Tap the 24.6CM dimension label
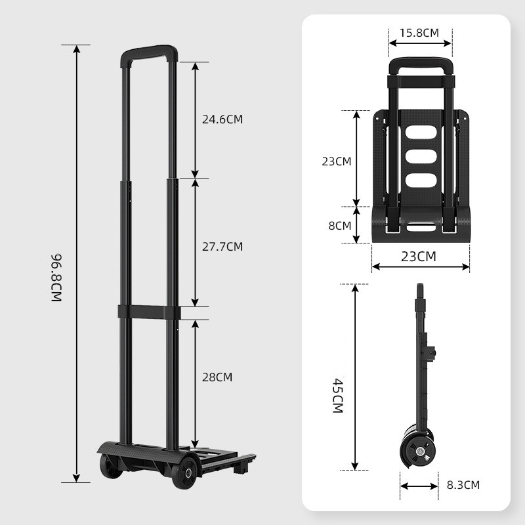[x=222, y=119]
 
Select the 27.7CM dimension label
[x=222, y=247]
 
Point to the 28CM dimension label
[x=217, y=377]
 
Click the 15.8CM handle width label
[x=420, y=32]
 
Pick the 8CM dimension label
[x=339, y=226]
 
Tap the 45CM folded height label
[x=338, y=395]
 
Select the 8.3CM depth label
[x=463, y=486]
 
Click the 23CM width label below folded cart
[x=418, y=257]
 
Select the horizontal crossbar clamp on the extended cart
[x=149, y=312]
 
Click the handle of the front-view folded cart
[x=420, y=66]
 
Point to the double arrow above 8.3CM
[x=419, y=486]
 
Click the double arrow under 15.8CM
[x=420, y=44]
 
